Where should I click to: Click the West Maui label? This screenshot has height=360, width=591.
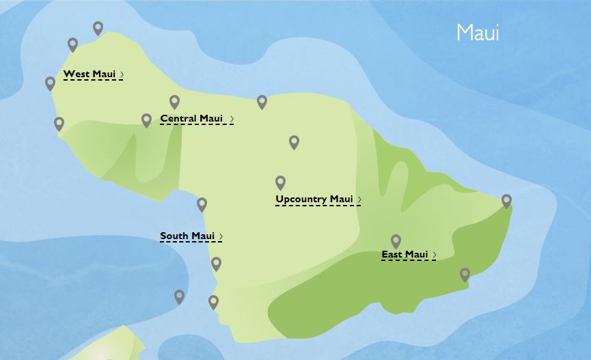[x=89, y=74]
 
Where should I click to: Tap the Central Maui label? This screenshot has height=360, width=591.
[x=192, y=119]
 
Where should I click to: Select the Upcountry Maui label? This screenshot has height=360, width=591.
[x=314, y=199]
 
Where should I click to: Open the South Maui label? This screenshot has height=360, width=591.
[x=187, y=236]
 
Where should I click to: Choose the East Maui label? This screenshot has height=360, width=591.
[x=404, y=255]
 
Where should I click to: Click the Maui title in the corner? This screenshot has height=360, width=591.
[x=478, y=33]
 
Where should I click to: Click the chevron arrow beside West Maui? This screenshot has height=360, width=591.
[x=122, y=74]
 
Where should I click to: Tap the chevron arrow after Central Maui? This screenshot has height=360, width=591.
[x=232, y=119]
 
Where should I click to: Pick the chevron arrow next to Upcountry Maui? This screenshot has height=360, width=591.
[x=359, y=199]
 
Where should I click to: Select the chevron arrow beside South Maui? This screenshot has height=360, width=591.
[x=221, y=236]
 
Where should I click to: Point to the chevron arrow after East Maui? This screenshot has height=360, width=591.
[x=434, y=255]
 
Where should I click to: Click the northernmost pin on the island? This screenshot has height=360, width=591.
[x=98, y=28]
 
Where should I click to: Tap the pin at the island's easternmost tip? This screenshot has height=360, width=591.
[x=506, y=201]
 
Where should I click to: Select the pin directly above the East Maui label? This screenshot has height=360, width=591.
[x=396, y=241]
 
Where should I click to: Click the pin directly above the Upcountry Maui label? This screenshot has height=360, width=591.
[x=280, y=182]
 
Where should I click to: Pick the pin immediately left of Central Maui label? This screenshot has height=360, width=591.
[x=146, y=120]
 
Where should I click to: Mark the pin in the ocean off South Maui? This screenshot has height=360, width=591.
[x=179, y=296]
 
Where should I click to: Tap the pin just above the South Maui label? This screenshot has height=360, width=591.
[x=202, y=204]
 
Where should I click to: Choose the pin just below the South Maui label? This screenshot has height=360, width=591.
[x=217, y=264]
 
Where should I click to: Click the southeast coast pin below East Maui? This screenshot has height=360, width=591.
[x=465, y=275]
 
